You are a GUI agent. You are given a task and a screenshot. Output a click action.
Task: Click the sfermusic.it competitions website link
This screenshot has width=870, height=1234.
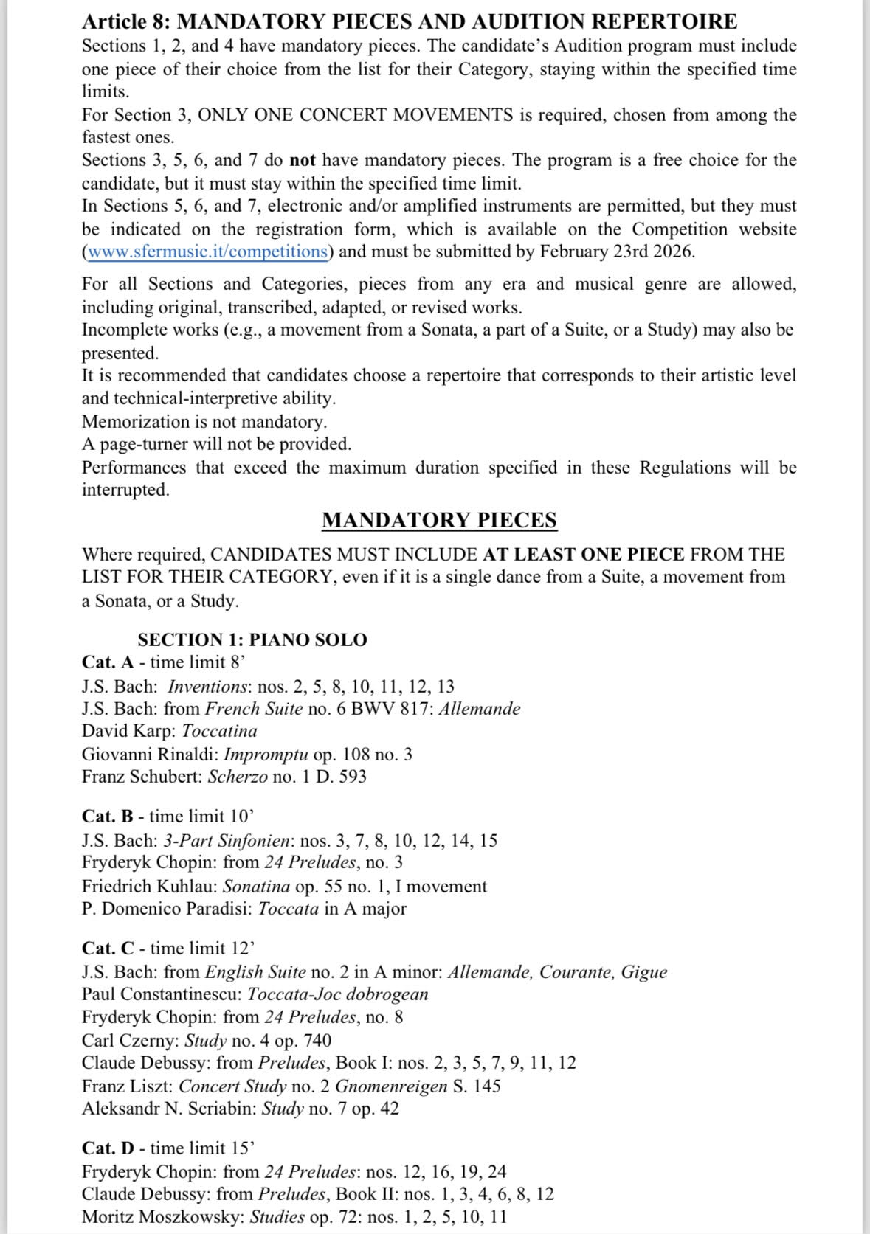(207, 252)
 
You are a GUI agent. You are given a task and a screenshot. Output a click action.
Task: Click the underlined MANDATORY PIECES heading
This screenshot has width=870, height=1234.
(439, 520)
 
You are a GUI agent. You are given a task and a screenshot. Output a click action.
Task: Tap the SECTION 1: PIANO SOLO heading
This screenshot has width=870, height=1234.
(252, 639)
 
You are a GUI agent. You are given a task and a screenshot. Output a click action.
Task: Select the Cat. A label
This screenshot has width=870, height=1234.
(108, 662)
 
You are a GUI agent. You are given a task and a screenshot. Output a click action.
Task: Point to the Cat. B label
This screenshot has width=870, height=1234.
(108, 816)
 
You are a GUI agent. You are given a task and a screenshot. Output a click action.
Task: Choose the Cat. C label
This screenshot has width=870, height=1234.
(108, 948)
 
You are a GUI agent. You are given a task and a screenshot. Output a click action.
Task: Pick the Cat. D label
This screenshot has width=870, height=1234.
(108, 1148)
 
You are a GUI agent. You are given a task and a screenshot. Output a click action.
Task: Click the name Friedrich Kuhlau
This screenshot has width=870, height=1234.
(148, 886)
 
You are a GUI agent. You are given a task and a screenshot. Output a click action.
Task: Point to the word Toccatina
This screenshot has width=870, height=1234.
(219, 731)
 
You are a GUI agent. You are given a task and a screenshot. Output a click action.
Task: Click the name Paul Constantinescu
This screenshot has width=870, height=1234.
(159, 994)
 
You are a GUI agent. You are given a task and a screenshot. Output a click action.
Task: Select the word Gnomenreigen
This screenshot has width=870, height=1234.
(391, 1086)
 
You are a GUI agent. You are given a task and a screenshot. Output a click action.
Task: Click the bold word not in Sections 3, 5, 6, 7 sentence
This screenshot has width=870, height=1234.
(303, 160)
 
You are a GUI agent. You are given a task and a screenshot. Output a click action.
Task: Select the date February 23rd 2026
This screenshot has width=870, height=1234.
(615, 252)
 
